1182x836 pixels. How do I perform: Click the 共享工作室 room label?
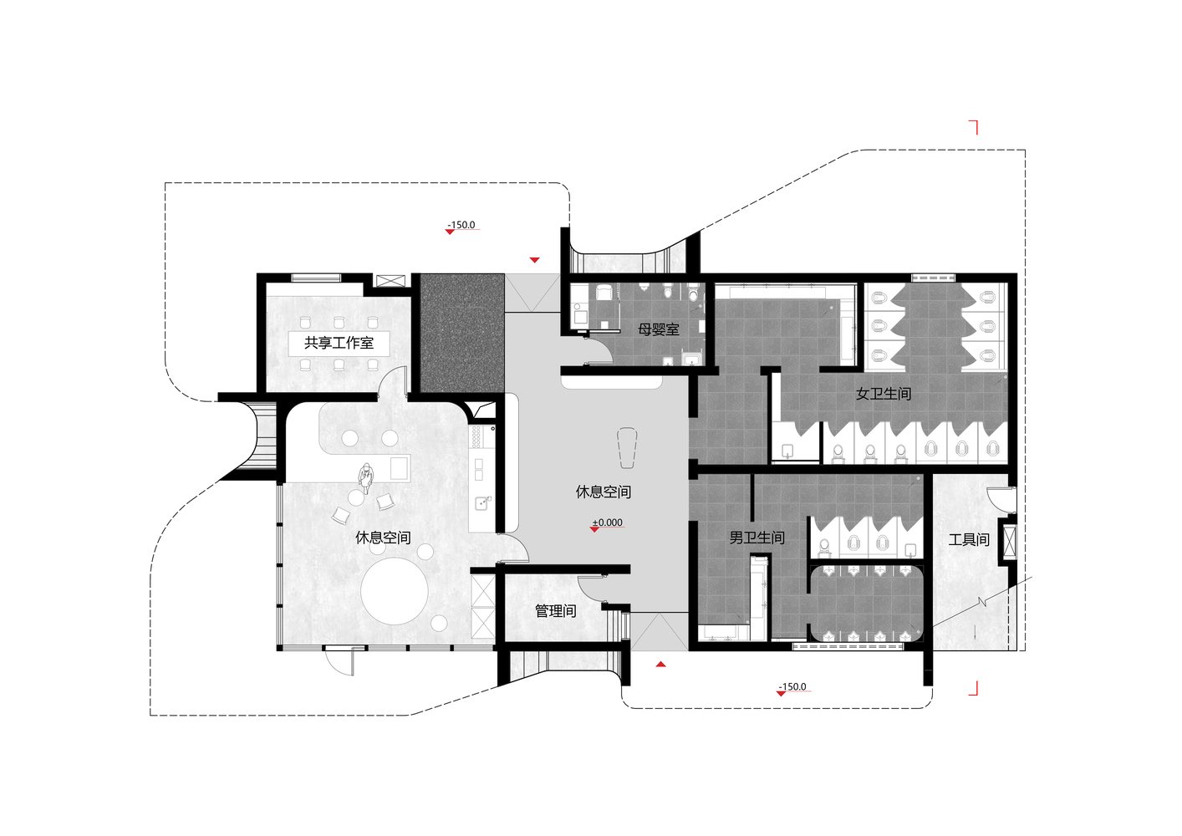point(339,343)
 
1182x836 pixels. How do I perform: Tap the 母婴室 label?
point(658,330)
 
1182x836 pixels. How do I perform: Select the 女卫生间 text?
point(884,394)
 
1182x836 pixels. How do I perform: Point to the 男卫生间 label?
point(757,538)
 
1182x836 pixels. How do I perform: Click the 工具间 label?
point(969,539)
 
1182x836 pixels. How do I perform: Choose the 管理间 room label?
point(556,611)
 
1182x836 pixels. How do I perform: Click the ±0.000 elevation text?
point(607,522)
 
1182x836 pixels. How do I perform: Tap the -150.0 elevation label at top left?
point(461,225)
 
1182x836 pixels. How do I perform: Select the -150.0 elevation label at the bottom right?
point(792,686)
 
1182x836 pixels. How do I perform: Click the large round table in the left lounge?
point(395,590)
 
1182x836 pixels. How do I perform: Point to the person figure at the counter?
point(365,477)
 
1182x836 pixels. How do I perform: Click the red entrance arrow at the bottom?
point(660,665)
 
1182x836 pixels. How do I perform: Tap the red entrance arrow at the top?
point(534,260)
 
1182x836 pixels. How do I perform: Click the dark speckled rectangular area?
point(461,333)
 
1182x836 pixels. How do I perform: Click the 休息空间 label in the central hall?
point(604,492)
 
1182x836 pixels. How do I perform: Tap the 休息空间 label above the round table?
point(383,538)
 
